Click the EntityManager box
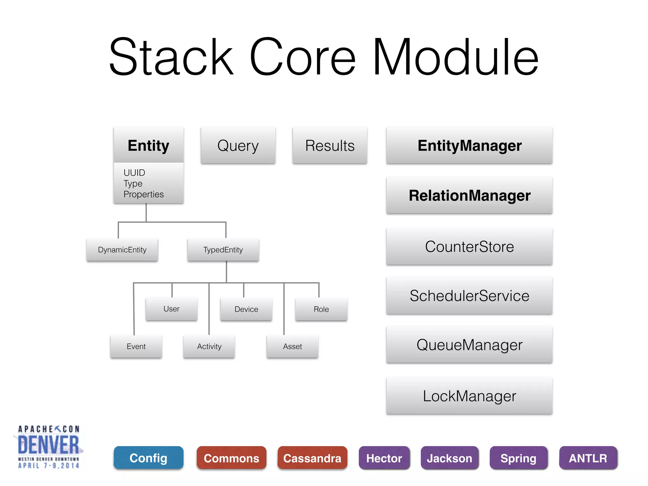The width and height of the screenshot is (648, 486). coord(469,146)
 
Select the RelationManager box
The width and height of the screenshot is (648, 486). coord(469,196)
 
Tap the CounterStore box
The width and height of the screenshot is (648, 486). coord(469,246)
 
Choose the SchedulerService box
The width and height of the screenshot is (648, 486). coord(469,296)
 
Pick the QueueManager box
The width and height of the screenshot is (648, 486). coord(469,345)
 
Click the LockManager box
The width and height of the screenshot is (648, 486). coord(469,396)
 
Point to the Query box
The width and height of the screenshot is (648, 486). coord(238,146)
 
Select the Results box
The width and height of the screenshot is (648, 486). coord(330,146)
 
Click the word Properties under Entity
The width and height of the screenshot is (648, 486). coord(144,194)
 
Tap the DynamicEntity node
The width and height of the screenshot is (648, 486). coord(122,250)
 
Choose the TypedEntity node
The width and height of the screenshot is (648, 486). coord(223,250)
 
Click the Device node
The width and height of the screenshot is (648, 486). coord(246,309)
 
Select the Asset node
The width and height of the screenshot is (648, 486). coord(292,346)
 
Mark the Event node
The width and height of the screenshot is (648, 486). coord(136,346)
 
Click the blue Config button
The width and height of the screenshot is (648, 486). coord(148,458)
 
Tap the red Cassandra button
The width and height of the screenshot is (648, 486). coord(312,458)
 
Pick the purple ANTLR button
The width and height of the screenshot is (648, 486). coord(588,458)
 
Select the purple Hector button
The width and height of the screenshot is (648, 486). coord(384,458)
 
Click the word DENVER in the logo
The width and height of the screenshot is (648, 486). coord(48,445)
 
